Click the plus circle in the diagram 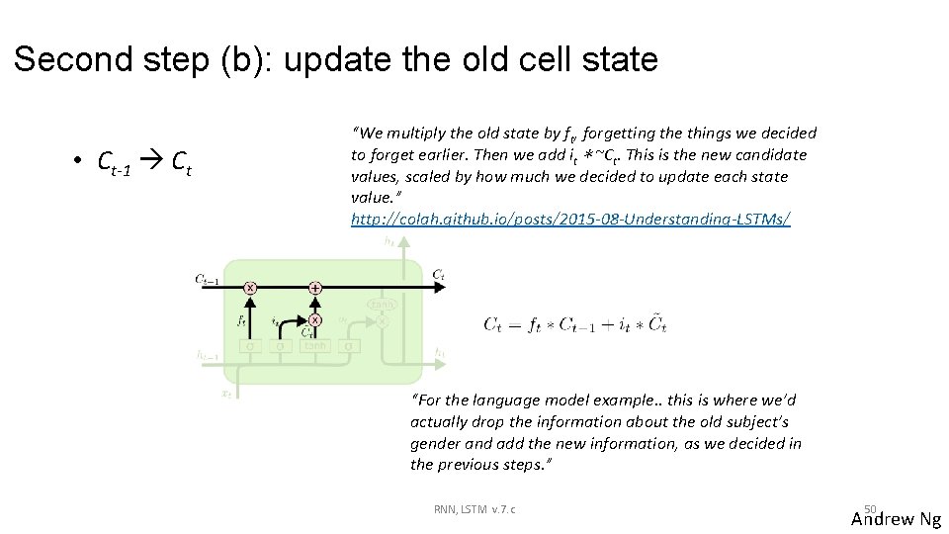click(314, 288)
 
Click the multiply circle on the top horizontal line click(250, 288)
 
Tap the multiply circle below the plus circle click(314, 319)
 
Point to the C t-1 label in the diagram click(210, 280)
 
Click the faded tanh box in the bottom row click(314, 346)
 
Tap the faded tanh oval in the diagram click(383, 305)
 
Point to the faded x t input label click(225, 393)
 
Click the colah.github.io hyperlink click(570, 219)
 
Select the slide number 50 click(870, 506)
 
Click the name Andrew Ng click(896, 519)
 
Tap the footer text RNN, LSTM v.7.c click(474, 509)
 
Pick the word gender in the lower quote click(437, 444)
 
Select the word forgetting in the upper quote click(620, 133)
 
